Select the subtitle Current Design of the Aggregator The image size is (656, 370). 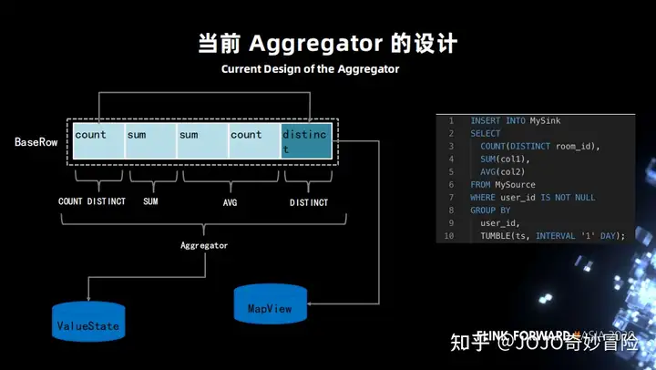click(310, 68)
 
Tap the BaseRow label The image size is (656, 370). click(36, 143)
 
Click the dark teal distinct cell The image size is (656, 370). click(306, 141)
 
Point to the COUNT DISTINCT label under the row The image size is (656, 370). click(92, 201)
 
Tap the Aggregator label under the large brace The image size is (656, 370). click(203, 245)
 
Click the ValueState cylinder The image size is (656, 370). click(87, 324)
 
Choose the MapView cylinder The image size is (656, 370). click(270, 308)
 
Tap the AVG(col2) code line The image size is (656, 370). click(504, 171)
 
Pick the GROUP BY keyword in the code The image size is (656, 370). click(490, 210)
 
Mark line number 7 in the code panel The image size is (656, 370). click(449, 197)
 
